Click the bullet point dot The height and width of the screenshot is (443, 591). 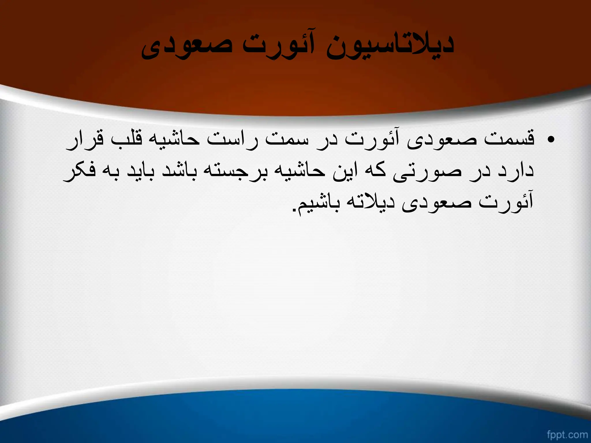pyautogui.click(x=551, y=140)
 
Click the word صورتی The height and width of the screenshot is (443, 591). pyautogui.click(x=427, y=172)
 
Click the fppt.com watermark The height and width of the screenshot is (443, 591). pyautogui.click(x=567, y=434)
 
